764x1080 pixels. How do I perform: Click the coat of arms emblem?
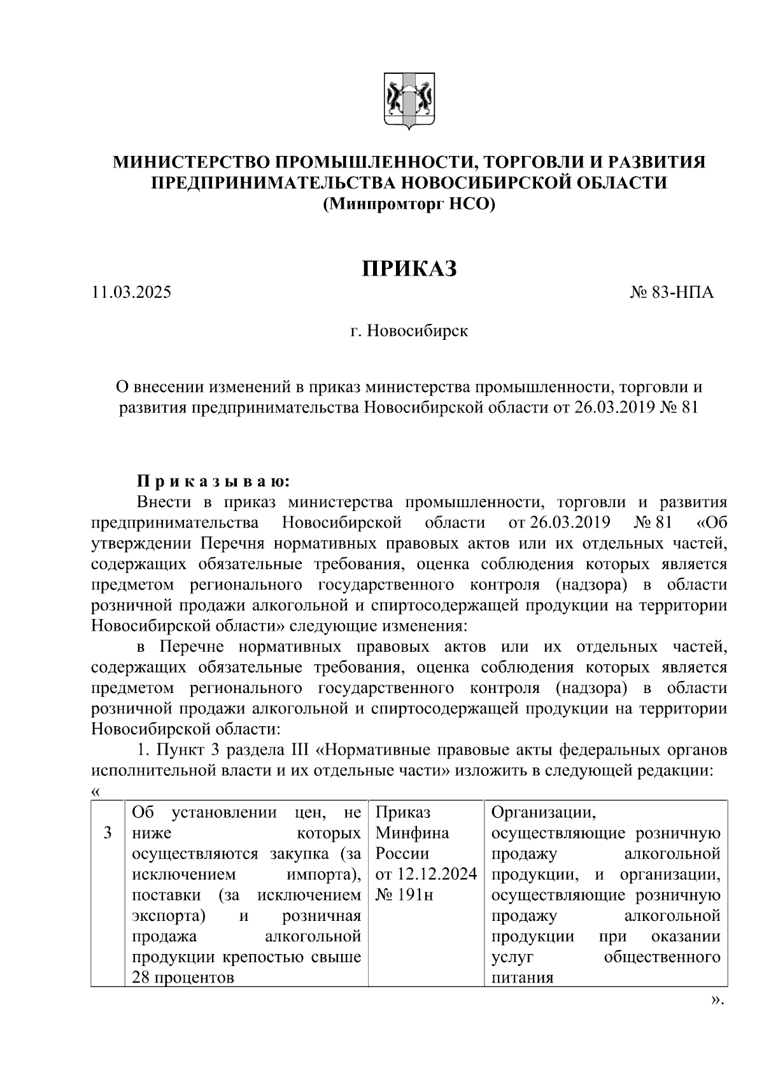click(x=409, y=101)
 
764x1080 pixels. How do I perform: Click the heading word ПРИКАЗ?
click(x=410, y=269)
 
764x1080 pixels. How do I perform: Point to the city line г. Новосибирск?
click(x=409, y=331)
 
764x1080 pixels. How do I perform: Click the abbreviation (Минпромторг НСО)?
click(x=409, y=204)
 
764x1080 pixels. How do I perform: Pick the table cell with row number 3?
click(x=108, y=833)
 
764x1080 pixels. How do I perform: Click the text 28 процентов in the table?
click(x=183, y=978)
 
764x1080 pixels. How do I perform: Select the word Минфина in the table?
click(x=412, y=833)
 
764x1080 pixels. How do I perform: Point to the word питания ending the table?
click(x=522, y=978)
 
